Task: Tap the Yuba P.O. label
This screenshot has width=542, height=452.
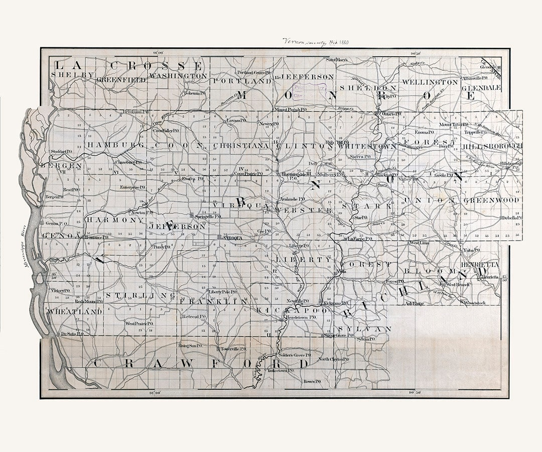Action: pyautogui.click(x=471, y=250)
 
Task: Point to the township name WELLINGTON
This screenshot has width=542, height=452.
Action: pyautogui.click(x=430, y=81)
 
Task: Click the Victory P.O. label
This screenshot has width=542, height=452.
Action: pyautogui.click(x=60, y=291)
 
